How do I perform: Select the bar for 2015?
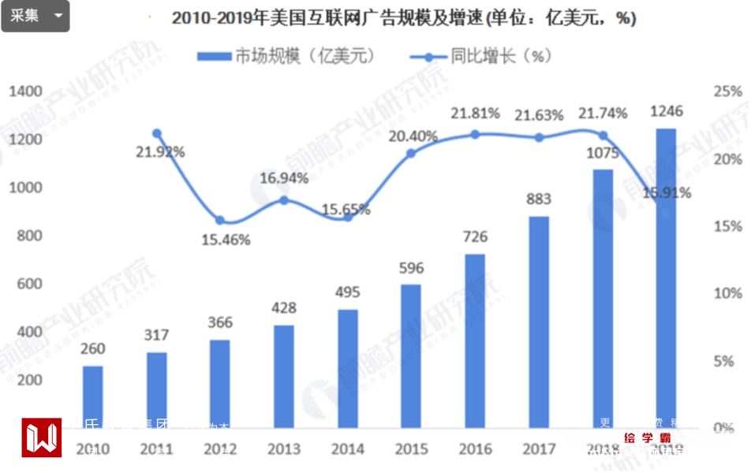[x=412, y=356]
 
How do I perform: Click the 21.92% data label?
[x=159, y=152]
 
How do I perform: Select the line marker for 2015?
[x=411, y=153]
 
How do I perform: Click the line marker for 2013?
[x=284, y=200]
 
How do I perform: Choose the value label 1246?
[x=667, y=111]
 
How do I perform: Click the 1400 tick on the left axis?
[x=25, y=91]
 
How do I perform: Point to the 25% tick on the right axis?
[x=727, y=91]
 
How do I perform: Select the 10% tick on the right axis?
[x=727, y=293]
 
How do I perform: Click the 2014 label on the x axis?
[x=348, y=449]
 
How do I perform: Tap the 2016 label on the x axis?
[x=475, y=449]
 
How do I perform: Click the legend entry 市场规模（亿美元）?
[x=285, y=57]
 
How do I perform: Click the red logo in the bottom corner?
[x=41, y=438]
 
